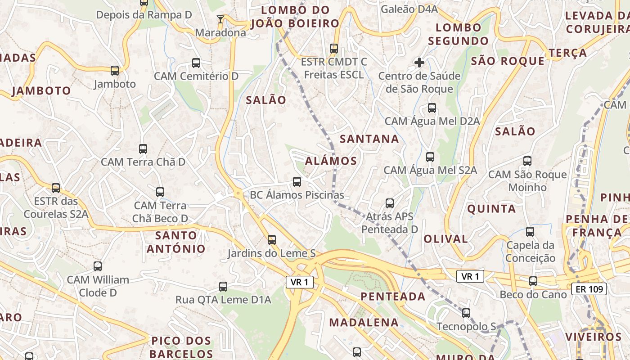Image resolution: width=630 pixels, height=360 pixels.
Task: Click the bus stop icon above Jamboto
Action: [115, 71]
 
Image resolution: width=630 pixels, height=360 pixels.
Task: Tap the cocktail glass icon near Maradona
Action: [220, 19]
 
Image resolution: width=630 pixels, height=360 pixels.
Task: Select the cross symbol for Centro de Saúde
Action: [419, 62]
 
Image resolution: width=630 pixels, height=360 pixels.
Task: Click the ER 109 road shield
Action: [589, 289]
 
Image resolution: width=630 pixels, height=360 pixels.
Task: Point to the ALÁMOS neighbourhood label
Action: [331, 161]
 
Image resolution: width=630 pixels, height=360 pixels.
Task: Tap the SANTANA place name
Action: [369, 139]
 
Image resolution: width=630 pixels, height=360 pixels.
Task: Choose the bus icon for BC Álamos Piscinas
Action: [297, 182]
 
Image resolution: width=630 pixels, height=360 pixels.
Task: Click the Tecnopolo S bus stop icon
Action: [466, 313]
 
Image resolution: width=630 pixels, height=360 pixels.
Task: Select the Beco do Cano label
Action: [533, 294]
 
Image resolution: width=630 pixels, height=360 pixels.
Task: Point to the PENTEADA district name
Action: [393, 296]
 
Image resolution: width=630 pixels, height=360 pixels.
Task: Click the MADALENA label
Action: [364, 322]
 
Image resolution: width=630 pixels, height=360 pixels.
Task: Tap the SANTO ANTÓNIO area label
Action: [176, 242]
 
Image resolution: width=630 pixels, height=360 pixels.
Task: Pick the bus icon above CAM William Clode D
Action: [98, 266]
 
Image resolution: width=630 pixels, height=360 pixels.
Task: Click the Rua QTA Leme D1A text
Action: [223, 299]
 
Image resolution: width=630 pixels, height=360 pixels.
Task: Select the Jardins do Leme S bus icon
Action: [272, 240]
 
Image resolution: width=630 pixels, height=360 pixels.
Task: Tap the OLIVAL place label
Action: [445, 239]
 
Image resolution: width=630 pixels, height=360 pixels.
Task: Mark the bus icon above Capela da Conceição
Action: [530, 232]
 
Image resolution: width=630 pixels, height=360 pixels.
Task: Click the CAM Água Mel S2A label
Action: [430, 170]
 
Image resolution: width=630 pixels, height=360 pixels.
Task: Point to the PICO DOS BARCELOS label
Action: [181, 346]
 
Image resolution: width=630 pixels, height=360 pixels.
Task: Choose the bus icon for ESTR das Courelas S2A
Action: [56, 188]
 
